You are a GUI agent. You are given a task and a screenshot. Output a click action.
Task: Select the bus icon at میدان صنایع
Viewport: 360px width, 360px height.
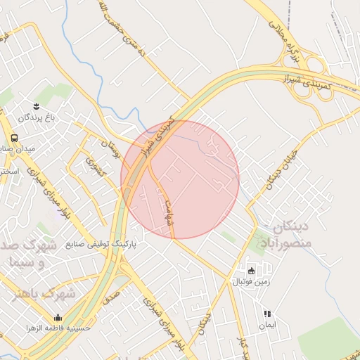pyautogui.click(x=14, y=138)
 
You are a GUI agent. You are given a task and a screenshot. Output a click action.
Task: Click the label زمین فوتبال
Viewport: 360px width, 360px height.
pyautogui.click(x=250, y=282)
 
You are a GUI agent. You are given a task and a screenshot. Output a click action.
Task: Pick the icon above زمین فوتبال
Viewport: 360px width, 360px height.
pyautogui.click(x=252, y=271)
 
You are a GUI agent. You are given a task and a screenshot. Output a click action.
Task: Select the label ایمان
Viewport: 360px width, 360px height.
pyautogui.click(x=267, y=326)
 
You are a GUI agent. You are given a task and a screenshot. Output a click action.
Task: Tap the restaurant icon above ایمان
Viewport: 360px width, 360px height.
pyautogui.click(x=267, y=314)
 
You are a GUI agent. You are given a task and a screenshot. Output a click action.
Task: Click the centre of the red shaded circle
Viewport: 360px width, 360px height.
pyautogui.click(x=180, y=179)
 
